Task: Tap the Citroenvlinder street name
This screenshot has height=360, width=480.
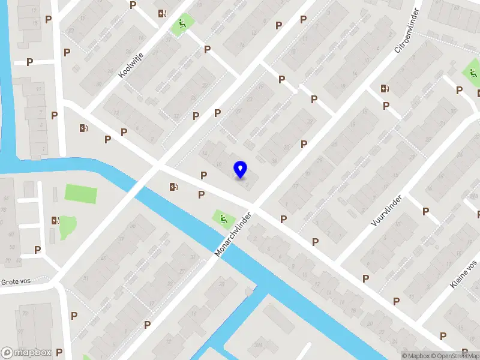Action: click(409, 30)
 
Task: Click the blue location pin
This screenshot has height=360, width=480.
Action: click(241, 170)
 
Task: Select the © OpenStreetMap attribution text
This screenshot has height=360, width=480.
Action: click(459, 356)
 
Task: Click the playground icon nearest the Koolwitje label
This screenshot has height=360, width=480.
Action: click(181, 25)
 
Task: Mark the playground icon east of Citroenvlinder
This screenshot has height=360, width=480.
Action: click(470, 74)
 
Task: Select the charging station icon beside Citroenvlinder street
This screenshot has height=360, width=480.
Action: click(385, 89)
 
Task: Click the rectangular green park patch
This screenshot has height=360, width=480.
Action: click(80, 194)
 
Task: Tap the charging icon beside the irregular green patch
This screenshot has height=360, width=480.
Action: click(55, 221)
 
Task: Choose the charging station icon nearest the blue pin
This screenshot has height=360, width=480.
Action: click(174, 187)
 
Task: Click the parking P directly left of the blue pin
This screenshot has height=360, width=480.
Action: click(204, 175)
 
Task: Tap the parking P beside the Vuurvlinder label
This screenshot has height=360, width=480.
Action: click(425, 211)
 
